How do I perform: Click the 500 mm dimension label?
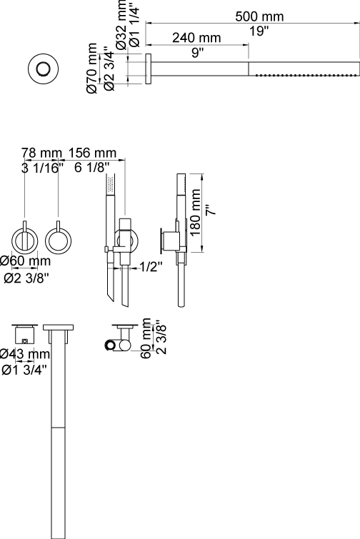259,16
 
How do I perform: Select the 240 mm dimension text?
196,37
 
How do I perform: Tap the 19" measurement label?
259,31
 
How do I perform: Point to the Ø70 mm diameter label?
92,68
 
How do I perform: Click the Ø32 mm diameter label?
121,26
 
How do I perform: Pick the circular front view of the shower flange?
43,69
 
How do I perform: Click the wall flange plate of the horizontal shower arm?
149,69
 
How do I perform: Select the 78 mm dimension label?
41,153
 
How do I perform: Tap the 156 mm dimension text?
92,153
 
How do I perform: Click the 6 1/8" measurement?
92,168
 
